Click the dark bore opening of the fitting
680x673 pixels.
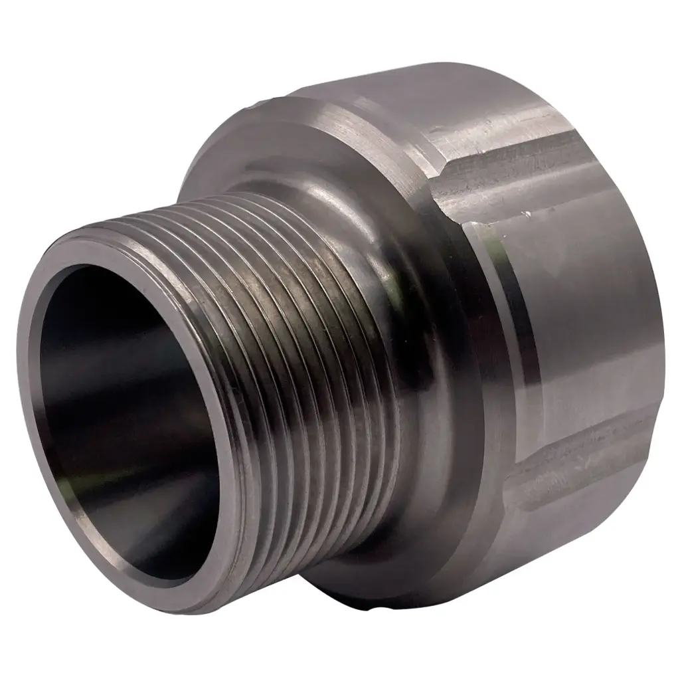coord(126,412)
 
